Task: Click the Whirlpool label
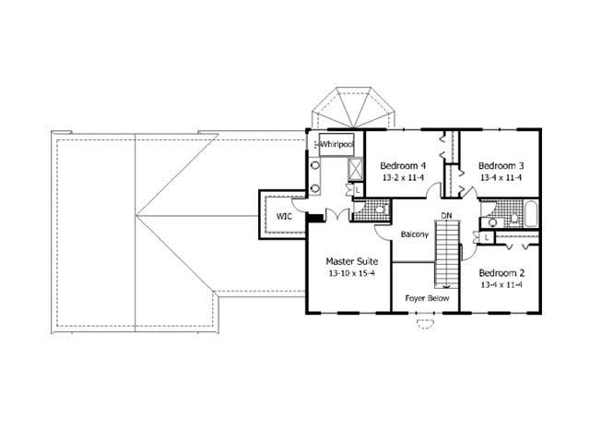[336, 145]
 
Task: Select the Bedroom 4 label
[402, 166]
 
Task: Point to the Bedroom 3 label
[501, 166]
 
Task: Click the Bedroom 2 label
[501, 273]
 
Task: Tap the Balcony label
[414, 234]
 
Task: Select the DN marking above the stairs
[446, 216]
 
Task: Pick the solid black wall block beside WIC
[313, 219]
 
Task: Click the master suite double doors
[337, 214]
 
